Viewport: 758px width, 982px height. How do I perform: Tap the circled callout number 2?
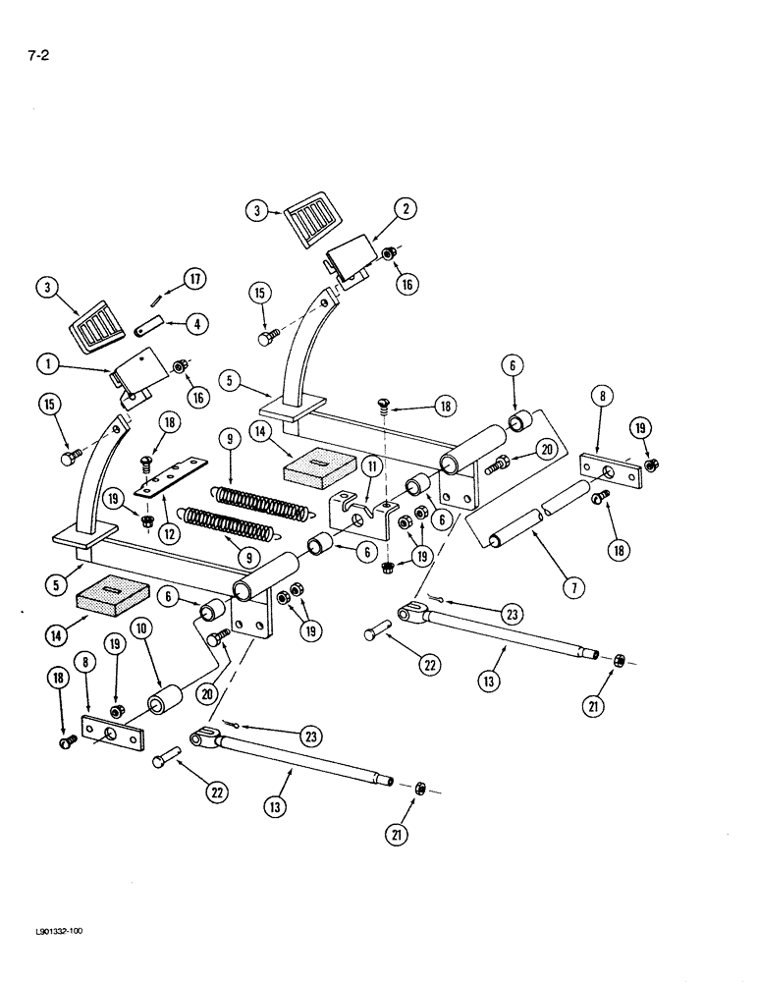pos(404,208)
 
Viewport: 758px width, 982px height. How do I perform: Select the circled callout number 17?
pos(194,280)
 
